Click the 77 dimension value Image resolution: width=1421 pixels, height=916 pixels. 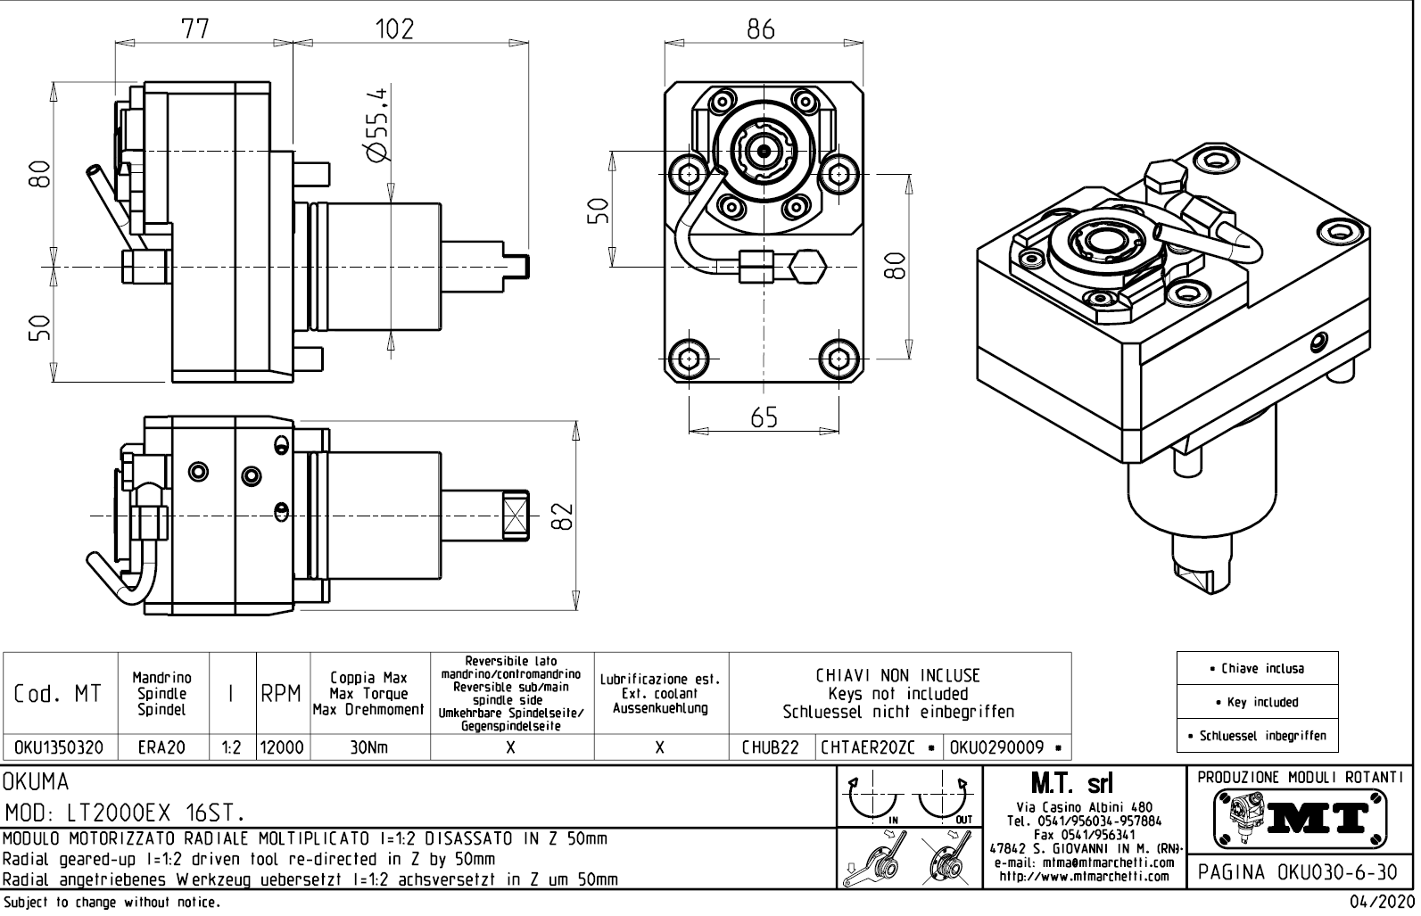(x=194, y=29)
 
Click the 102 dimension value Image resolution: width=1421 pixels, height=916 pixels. (x=394, y=29)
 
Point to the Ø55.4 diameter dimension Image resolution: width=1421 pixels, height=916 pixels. (x=376, y=125)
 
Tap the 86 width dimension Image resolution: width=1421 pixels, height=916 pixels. (x=761, y=29)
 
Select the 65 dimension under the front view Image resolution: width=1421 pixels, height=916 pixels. (x=764, y=417)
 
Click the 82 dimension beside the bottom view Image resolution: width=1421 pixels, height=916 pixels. (x=562, y=516)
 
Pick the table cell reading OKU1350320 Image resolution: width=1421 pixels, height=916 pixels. (x=60, y=748)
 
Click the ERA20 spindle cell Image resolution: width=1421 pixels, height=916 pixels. (x=162, y=748)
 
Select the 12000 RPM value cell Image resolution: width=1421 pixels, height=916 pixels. (x=282, y=748)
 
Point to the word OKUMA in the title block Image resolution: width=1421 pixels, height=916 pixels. (x=37, y=782)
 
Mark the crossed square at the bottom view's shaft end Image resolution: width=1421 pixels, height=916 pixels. (x=516, y=515)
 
